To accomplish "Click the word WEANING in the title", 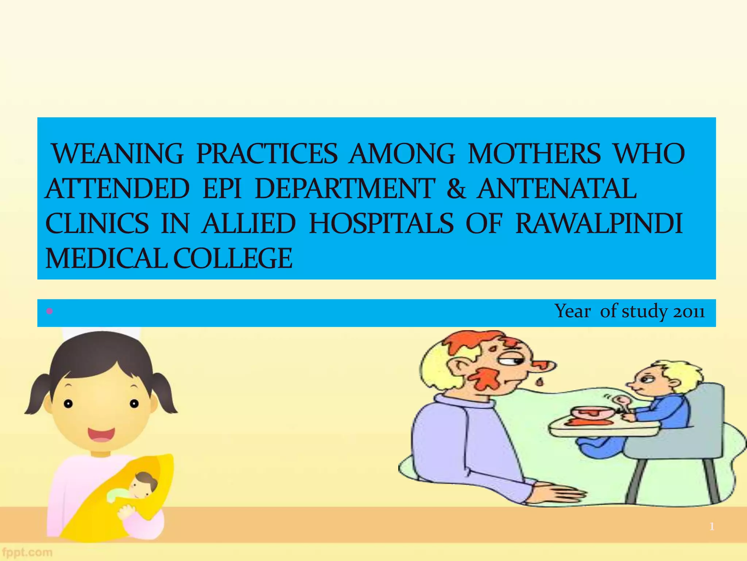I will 117,154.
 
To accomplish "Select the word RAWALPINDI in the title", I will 599,224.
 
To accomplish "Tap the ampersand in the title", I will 456,189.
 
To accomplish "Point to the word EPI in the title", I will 222,189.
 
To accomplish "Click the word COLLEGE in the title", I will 233,258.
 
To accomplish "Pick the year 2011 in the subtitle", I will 689,312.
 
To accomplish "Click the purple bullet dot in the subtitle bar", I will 50,312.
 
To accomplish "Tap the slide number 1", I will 711,526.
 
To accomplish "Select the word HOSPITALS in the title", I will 381,224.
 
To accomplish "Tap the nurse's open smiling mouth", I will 101,434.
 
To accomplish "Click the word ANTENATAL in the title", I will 557,189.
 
